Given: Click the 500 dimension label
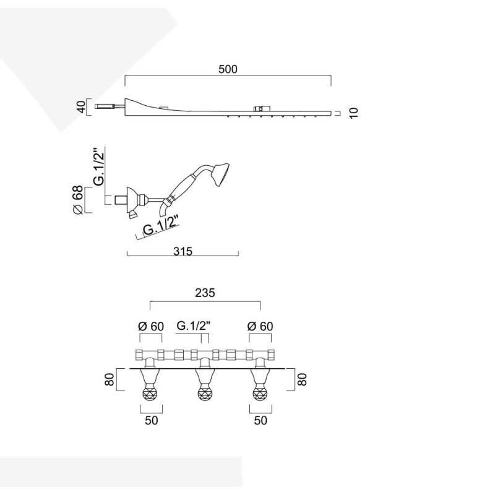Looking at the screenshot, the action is coord(228,69).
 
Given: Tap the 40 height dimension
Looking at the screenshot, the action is coord(81,107).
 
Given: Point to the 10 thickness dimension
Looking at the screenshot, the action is coord(354,113).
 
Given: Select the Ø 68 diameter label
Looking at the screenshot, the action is coord(78,200).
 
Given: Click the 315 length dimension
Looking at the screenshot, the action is coord(183,251).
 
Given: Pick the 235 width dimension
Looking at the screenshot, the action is coord(205,293).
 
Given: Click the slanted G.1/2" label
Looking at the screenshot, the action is coord(161,225).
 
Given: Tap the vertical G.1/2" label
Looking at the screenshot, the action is coord(99,166).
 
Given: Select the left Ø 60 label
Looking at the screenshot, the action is coord(151,326).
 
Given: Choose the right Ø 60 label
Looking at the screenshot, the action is coord(260,326).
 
